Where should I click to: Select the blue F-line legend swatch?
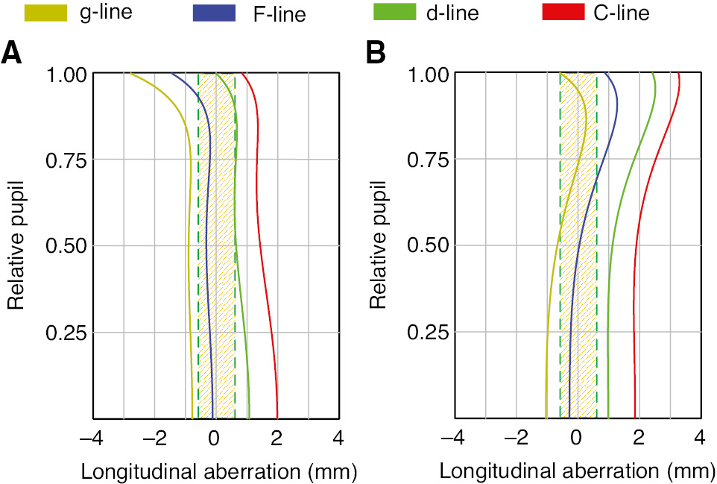pyautogui.click(x=215, y=12)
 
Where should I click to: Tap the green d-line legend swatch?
pyautogui.click(x=394, y=12)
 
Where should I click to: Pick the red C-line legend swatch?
pyautogui.click(x=563, y=12)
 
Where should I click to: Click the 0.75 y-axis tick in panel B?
pyautogui.click(x=429, y=160)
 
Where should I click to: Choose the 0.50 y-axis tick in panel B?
pyautogui.click(x=429, y=246)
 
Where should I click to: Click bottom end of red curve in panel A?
pyautogui.click(x=277, y=417)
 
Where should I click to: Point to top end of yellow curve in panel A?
pyautogui.click(x=131, y=74)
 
